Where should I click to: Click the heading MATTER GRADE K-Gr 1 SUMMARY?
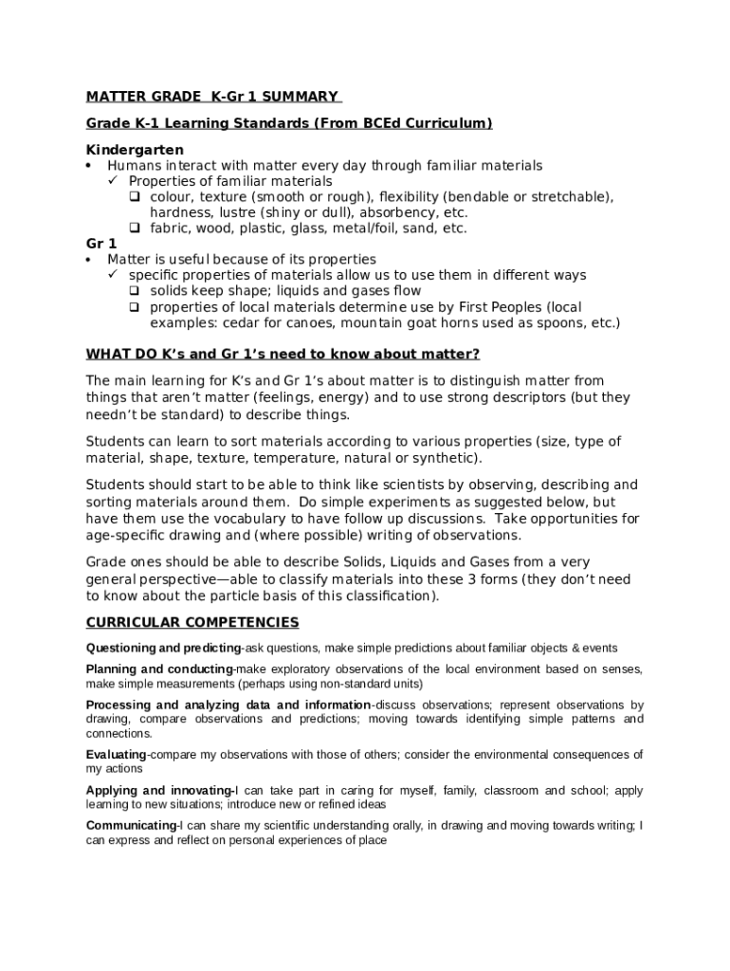pos(212,96)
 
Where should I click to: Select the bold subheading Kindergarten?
pos(135,150)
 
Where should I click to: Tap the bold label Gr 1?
pos(101,244)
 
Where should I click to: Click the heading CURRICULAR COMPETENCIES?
pos(192,622)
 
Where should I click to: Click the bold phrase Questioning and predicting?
pos(163,649)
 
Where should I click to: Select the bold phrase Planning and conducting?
pos(159,669)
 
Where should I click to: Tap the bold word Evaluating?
pos(116,755)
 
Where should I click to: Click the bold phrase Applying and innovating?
pos(159,790)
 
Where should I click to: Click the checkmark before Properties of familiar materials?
pos(113,181)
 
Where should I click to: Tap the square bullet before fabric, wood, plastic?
pos(135,229)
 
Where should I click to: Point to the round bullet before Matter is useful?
pos(88,260)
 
